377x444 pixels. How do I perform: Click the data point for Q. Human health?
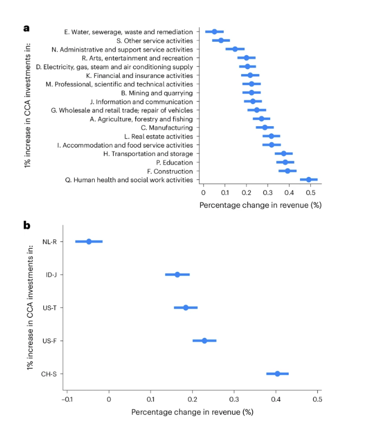tap(309, 180)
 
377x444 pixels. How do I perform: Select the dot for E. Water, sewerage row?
tap(214, 32)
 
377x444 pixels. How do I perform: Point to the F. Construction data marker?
tap(288, 171)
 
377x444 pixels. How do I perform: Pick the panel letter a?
tap(27, 27)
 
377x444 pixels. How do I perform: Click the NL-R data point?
tap(89, 241)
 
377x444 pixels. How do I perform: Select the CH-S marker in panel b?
tap(277, 374)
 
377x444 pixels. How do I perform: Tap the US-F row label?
tap(50, 341)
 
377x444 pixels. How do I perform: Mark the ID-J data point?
tap(177, 275)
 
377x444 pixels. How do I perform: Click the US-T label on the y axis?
tap(50, 308)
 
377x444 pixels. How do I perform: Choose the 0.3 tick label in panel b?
tap(234, 400)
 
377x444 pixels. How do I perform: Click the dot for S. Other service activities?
tap(221, 41)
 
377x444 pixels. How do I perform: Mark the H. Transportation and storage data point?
tap(283, 154)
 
